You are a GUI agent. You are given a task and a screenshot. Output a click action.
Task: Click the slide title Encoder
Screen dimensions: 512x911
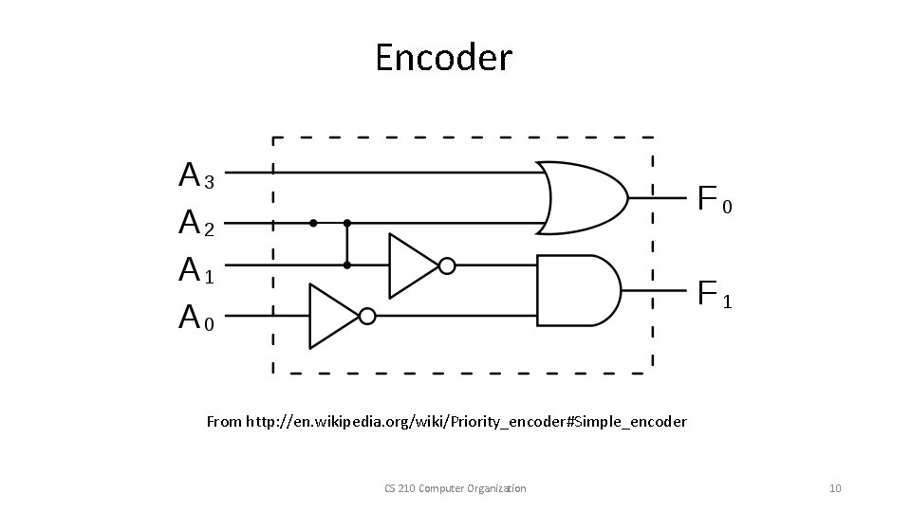(443, 58)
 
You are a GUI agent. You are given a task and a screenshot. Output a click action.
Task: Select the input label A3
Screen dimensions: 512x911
(196, 176)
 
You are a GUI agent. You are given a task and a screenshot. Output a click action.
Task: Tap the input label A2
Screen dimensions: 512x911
(196, 224)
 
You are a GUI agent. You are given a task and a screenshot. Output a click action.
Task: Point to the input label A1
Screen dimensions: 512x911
(196, 271)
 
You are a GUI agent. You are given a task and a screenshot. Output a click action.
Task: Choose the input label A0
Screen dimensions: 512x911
(196, 318)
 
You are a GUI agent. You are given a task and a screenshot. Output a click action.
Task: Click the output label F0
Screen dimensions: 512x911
(715, 200)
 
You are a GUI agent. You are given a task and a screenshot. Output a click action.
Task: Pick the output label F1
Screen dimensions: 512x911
(715, 294)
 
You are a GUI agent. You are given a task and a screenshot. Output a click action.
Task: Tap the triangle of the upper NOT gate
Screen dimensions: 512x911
(410, 266)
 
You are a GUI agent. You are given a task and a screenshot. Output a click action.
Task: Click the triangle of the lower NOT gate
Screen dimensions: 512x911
(331, 316)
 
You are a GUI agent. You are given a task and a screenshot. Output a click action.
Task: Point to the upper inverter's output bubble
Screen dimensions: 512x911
(447, 266)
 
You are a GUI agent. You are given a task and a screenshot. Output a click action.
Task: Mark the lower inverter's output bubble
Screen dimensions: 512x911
(368, 316)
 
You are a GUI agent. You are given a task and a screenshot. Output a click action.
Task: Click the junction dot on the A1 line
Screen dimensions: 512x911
(347, 265)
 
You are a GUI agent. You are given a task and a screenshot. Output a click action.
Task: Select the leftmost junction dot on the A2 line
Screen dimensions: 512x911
(313, 224)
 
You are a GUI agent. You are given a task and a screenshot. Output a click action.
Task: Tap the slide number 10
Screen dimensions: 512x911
(835, 488)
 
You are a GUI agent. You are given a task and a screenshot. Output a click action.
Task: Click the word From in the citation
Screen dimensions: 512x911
(224, 421)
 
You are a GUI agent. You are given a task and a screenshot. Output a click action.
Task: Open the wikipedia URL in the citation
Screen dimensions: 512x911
(466, 421)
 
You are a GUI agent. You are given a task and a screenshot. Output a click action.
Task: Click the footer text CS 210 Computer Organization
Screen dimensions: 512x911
(455, 488)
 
